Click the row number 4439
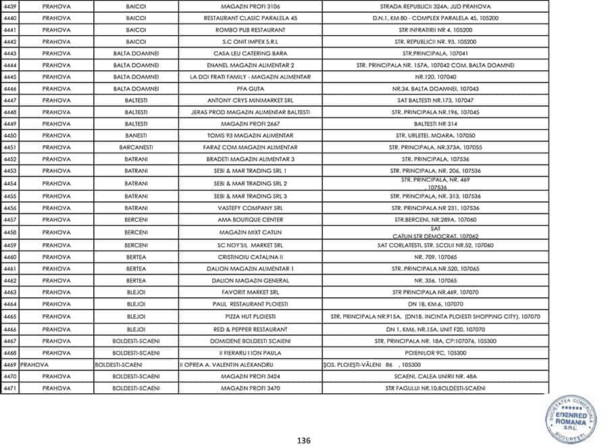point(10,7)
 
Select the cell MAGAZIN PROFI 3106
point(251,7)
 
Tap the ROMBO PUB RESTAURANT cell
point(251,30)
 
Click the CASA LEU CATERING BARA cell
point(251,53)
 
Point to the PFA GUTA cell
point(251,89)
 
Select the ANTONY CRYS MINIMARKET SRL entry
point(251,100)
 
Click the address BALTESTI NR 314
point(435,124)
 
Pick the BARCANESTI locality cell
point(136,147)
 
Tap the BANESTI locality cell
point(136,135)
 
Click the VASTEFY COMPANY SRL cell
point(251,207)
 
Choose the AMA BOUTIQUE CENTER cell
point(251,220)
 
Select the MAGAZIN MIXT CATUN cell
point(251,232)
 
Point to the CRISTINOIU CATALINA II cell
point(251,257)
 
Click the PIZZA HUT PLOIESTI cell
point(251,317)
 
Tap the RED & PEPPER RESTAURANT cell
point(251,329)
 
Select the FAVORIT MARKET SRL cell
point(251,293)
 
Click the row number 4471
point(10,388)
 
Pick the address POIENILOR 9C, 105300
point(435,353)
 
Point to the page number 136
point(303,441)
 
